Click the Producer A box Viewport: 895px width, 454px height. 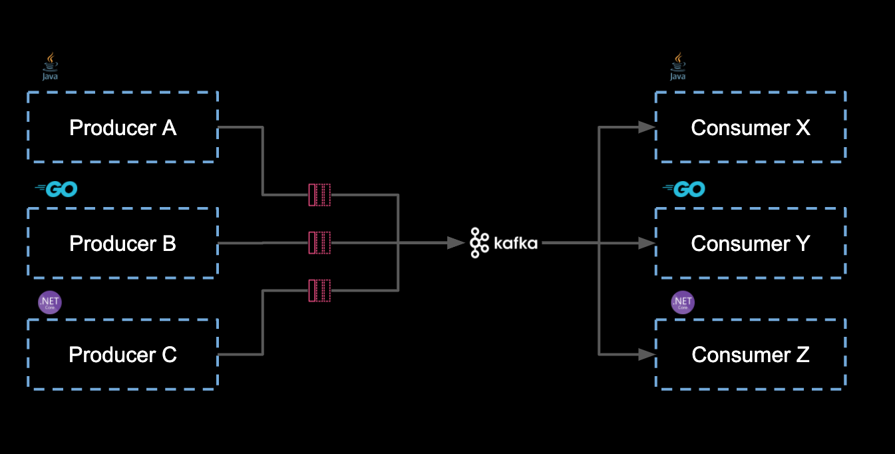pos(122,126)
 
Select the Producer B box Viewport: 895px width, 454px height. pos(122,243)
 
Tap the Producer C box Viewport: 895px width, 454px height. pos(122,354)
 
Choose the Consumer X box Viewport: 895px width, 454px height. pos(751,126)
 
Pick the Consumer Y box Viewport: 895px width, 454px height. pos(751,243)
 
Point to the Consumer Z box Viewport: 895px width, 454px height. pos(751,354)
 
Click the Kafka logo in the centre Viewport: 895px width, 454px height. pos(503,243)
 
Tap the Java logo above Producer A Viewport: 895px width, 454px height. pos(51,67)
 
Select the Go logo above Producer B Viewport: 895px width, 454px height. pos(57,190)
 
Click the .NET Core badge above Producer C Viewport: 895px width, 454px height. pos(50,303)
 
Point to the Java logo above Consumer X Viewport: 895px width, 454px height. pos(678,67)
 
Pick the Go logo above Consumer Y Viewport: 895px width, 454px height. pos(684,190)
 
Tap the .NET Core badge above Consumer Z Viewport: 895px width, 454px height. pos(683,303)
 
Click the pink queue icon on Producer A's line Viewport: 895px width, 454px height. pos(319,194)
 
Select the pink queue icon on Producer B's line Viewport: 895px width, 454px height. pos(319,243)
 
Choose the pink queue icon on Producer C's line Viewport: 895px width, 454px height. pos(319,290)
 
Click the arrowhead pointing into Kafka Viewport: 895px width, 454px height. pos(456,243)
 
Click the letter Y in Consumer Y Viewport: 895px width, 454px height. pos(803,243)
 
